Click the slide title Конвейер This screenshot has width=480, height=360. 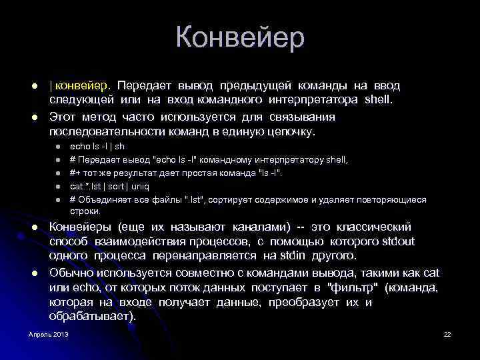point(240,37)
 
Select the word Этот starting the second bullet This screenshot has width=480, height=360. point(63,117)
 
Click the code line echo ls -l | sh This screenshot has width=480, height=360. point(97,145)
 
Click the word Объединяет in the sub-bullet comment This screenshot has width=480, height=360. point(110,199)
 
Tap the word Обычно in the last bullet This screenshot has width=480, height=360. point(71,272)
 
